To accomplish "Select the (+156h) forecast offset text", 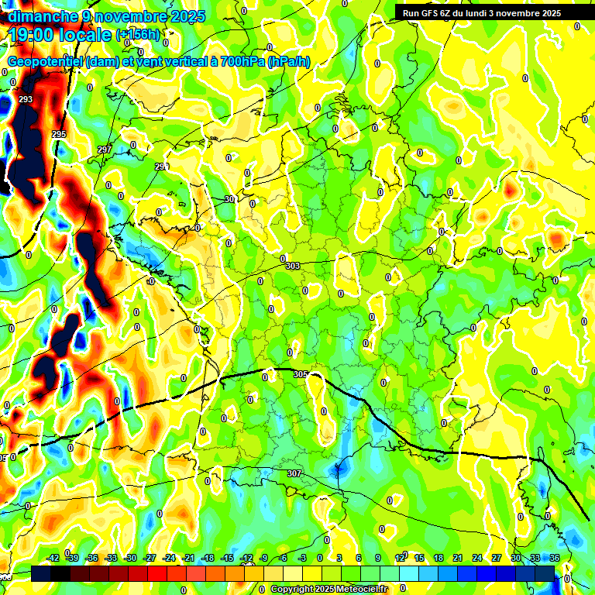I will click(138, 34).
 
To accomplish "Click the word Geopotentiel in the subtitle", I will click(47, 62).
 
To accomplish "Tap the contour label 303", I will click(292, 266).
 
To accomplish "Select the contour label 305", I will click(301, 374).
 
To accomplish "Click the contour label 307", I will click(294, 473).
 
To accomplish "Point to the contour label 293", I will click(26, 100).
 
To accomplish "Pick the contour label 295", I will click(59, 135).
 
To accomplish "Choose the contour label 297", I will click(105, 150).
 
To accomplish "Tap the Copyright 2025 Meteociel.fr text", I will click(328, 590).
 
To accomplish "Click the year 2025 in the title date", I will click(188, 16).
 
